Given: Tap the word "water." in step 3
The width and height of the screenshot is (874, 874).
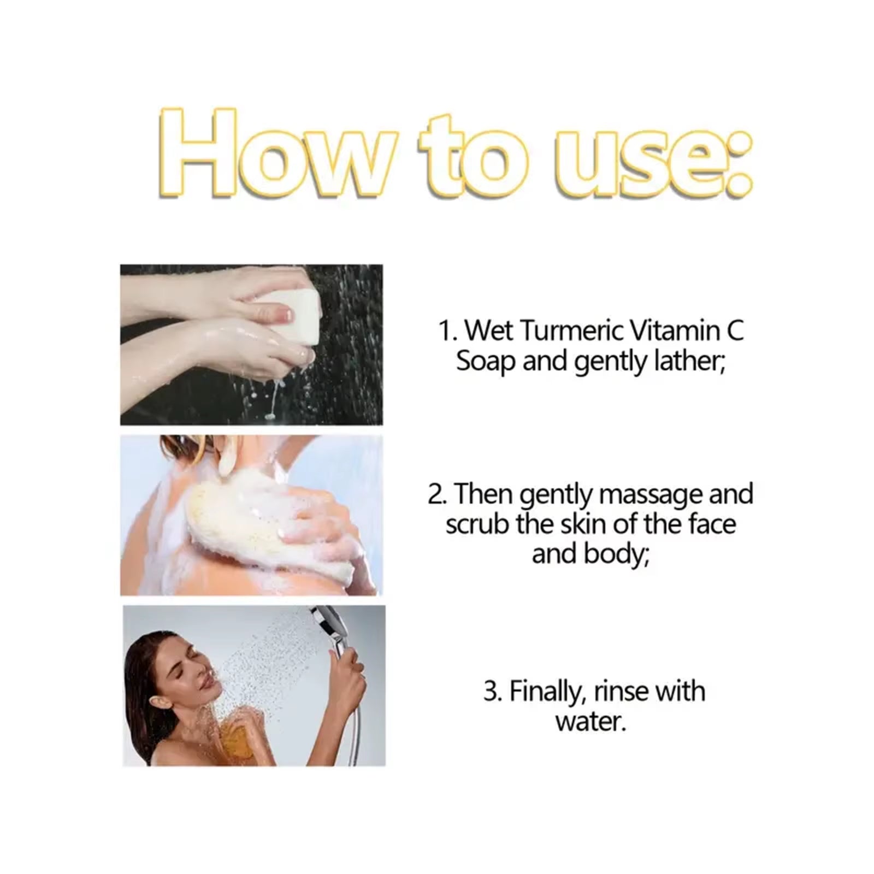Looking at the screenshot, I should click(590, 722).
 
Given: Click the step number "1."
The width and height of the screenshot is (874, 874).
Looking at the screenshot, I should click(448, 331).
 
